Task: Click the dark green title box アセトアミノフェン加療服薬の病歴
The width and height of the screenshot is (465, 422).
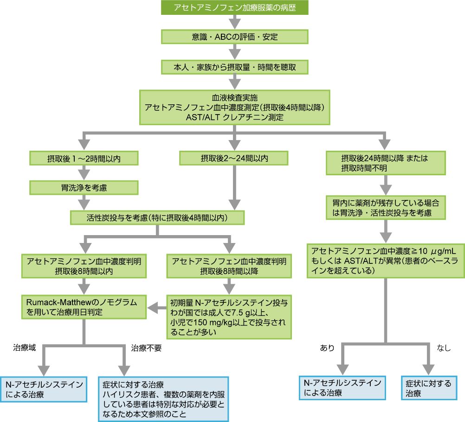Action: tap(234, 8)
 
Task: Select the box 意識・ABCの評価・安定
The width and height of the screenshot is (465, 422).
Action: tap(234, 37)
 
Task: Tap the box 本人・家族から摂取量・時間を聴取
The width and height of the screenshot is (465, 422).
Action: tap(234, 66)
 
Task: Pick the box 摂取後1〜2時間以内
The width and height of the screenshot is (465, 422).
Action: tap(84, 159)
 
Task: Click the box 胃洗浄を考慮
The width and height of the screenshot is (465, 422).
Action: tap(84, 188)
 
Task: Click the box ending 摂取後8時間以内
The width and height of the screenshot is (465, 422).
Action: tap(84, 265)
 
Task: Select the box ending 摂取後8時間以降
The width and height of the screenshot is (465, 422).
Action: tap(229, 265)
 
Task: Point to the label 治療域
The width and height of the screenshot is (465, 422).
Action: tap(25, 346)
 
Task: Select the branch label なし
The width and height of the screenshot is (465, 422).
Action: tap(444, 348)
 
